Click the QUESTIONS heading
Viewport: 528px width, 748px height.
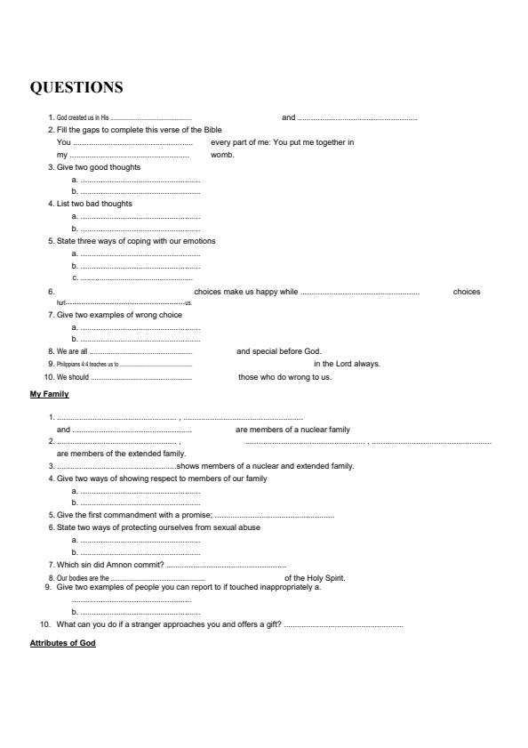pos(76,87)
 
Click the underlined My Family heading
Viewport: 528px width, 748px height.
pos(50,394)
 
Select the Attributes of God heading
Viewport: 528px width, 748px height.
pos(63,643)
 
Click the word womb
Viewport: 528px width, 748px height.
pos(222,155)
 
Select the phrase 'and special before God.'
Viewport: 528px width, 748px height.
pos(279,351)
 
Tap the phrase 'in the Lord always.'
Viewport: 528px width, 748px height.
pos(347,364)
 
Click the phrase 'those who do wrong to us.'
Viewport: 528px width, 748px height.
pos(284,376)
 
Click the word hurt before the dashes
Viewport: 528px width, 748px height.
pos(61,303)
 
